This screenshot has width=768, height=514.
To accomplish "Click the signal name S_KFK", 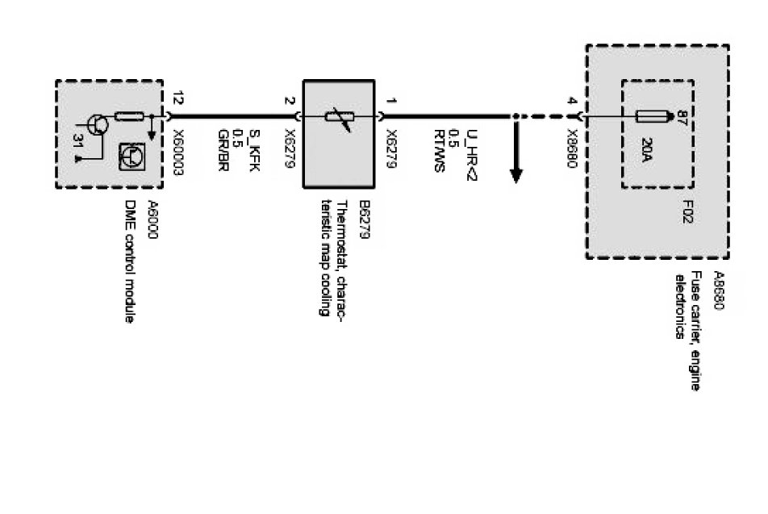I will (x=253, y=145).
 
